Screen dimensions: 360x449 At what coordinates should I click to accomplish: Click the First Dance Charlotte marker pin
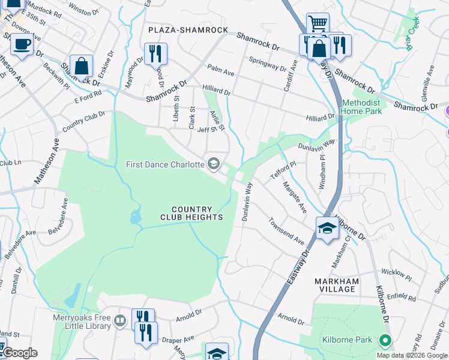click(x=213, y=164)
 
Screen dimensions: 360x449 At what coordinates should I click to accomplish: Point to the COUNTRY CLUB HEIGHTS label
click(x=191, y=212)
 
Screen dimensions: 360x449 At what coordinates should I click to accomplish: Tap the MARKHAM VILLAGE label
click(x=337, y=285)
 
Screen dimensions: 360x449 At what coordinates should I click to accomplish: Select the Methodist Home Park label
click(x=361, y=107)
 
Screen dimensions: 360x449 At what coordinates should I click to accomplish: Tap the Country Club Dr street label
click(x=83, y=122)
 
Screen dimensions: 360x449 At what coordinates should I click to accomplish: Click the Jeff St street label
click(x=206, y=129)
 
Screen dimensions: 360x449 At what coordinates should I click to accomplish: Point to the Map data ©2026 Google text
click(x=412, y=355)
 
